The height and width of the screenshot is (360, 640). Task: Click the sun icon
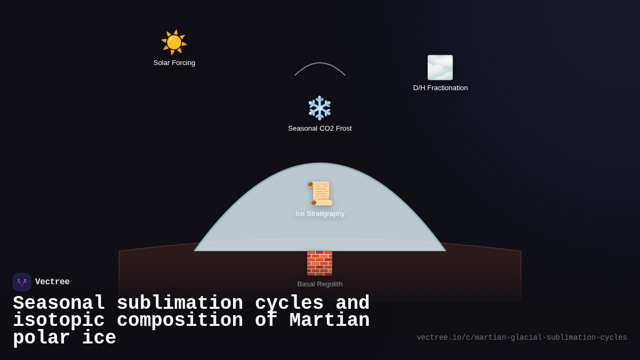click(174, 42)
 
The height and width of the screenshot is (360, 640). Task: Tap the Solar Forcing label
click(174, 63)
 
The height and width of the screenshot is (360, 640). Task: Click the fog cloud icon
click(440, 68)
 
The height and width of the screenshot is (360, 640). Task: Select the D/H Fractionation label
click(441, 88)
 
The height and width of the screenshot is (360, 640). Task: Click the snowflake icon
click(320, 108)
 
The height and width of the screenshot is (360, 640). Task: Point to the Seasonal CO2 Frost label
click(320, 129)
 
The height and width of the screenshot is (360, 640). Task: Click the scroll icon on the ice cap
click(320, 193)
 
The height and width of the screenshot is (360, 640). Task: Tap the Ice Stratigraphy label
click(320, 214)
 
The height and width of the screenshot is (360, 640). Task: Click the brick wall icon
click(319, 263)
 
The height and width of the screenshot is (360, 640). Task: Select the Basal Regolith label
click(320, 284)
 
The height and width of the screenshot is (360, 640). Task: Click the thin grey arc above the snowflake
click(320, 63)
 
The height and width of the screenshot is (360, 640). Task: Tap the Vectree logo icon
click(22, 282)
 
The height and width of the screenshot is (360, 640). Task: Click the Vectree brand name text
click(52, 282)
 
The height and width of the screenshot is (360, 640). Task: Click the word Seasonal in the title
click(59, 303)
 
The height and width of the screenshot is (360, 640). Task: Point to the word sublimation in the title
click(180, 303)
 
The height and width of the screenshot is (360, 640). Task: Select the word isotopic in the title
click(59, 321)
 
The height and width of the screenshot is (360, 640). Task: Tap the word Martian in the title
click(329, 321)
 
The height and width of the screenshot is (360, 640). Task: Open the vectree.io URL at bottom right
click(522, 338)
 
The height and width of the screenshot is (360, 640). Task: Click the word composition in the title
click(180, 321)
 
